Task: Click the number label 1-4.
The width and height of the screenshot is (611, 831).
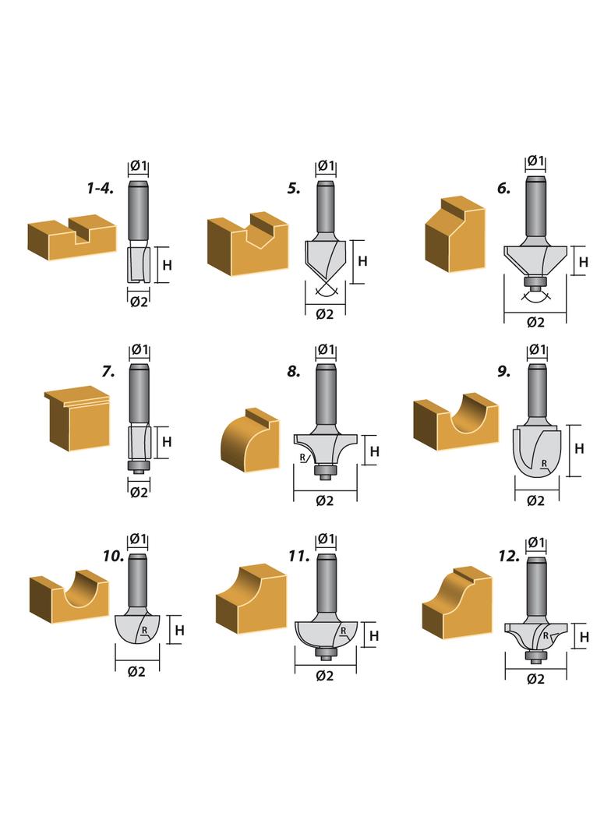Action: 101,188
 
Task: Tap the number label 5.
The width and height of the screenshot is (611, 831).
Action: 294,188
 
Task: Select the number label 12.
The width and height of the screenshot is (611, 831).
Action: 509,556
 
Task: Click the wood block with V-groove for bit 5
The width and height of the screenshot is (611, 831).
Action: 248,244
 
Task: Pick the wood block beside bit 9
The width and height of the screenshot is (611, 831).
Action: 456,421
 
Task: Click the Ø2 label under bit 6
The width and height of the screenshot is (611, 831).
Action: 535,322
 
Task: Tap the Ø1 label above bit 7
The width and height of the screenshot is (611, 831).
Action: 140,350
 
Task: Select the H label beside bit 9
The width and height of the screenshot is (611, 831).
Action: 579,449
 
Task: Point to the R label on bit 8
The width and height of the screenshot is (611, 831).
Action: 302,457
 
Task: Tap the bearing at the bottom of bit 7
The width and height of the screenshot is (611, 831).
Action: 140,466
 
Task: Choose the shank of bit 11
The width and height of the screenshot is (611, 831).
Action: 325,584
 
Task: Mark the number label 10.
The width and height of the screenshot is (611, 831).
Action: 114,556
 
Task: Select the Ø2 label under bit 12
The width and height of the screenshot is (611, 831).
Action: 535,679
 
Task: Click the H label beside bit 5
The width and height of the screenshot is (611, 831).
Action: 362,261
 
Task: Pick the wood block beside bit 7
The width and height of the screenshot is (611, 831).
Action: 78,418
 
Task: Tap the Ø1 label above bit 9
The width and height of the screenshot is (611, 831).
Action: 537,350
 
